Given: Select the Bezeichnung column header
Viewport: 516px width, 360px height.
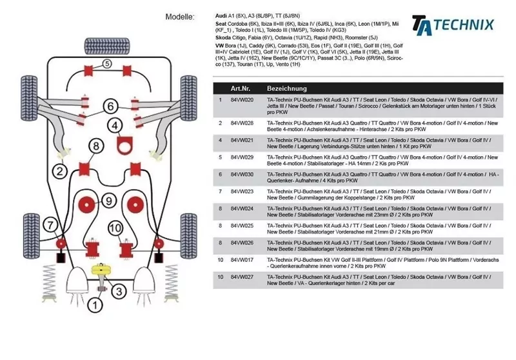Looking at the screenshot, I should (287, 88).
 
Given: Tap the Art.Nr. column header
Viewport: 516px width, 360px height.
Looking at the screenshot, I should (241, 88).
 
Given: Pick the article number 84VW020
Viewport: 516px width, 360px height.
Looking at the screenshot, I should (242, 101).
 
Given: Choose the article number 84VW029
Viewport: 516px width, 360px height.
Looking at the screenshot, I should (242, 157).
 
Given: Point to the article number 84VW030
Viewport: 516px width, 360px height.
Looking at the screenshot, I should (242, 174).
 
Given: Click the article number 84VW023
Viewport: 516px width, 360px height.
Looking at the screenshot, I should (242, 192).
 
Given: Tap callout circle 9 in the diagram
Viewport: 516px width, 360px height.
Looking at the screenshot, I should (109, 201).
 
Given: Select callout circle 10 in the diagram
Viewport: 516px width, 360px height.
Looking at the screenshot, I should (115, 228).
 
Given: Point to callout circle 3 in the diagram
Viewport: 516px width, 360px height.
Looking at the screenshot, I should (118, 291).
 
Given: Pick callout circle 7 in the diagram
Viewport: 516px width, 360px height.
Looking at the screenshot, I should (50, 225).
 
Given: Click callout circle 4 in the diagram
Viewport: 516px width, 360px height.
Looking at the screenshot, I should (115, 126).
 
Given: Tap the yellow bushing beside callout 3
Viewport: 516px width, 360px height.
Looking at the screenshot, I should (100, 269).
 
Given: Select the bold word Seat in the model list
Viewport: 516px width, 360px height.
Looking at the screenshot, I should (221, 23).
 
